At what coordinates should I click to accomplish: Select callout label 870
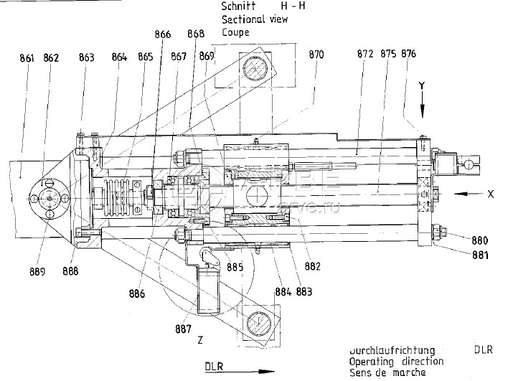coord(316,55)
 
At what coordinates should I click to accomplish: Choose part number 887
coord(184,329)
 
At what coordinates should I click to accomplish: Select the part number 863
coord(87,58)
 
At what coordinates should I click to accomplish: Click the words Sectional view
coord(255,19)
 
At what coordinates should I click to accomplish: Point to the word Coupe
coord(235,32)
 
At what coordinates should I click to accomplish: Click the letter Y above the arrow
coord(423,85)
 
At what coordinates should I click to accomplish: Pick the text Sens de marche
coord(387,373)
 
